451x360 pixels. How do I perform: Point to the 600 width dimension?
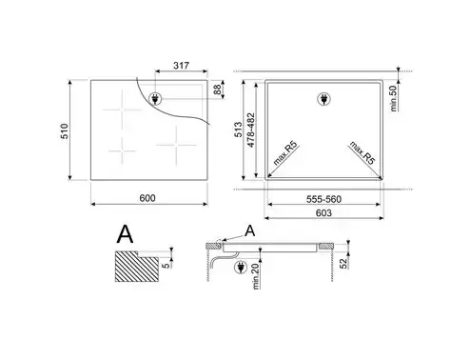tap(147, 198)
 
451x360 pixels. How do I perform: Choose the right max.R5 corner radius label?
tap(357, 155)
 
